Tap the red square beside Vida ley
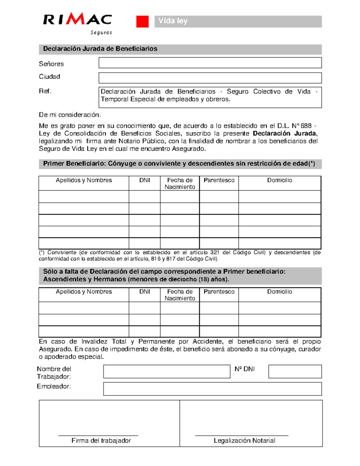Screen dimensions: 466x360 point(142,22)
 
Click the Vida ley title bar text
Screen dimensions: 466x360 point(173,21)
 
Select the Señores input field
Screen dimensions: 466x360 point(210,63)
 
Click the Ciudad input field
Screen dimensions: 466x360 point(210,78)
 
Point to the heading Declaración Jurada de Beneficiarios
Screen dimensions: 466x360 point(100,49)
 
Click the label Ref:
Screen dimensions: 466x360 point(45,91)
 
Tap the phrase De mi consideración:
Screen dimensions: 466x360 point(70,115)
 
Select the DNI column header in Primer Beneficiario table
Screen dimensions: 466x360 point(144,180)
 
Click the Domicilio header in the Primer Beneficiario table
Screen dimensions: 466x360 point(280,180)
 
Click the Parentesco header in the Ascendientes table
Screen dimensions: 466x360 point(219,292)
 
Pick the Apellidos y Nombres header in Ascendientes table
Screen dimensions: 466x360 point(84,292)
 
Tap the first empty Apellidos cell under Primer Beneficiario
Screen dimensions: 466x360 point(84,197)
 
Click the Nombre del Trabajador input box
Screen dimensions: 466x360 point(166,371)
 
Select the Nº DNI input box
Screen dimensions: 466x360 point(295,371)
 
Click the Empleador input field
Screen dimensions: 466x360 point(212,389)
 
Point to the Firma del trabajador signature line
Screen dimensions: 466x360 point(98,435)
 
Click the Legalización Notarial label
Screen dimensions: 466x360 point(244,440)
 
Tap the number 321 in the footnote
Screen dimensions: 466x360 point(214,253)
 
